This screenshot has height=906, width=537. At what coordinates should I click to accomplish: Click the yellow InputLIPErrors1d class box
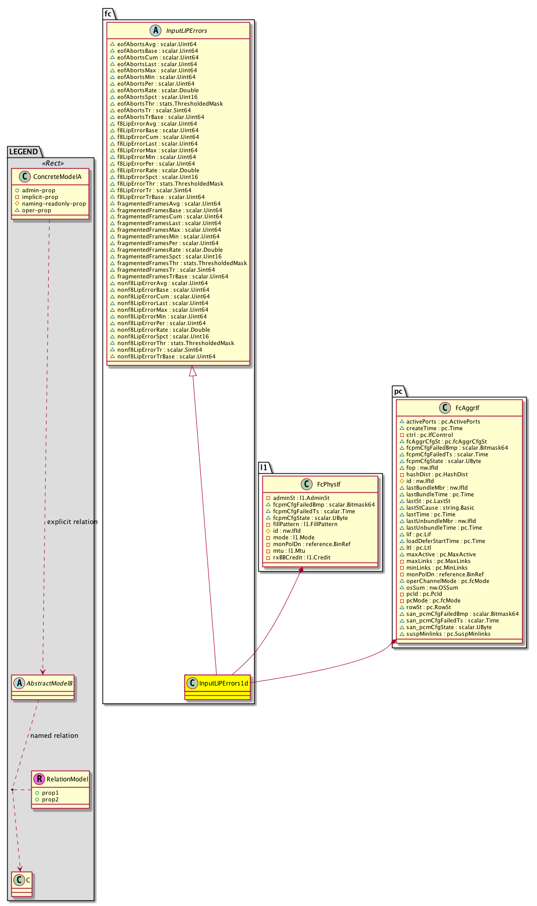tap(218, 687)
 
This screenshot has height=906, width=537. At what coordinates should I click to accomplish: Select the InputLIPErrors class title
tap(187, 31)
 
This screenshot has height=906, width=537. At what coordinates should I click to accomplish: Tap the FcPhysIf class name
tap(328, 485)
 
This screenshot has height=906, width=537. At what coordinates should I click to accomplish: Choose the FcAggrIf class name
tap(467, 408)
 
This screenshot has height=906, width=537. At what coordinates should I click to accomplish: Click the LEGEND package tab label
tap(24, 152)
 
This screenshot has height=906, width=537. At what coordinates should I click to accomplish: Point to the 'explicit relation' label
tap(72, 522)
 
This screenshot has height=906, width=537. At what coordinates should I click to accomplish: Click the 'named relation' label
tap(54, 736)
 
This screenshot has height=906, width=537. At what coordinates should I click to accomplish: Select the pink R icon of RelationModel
tap(39, 779)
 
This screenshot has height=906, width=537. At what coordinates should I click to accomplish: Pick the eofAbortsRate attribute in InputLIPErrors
tap(158, 91)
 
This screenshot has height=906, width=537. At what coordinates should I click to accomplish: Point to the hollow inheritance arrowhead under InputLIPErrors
tap(193, 371)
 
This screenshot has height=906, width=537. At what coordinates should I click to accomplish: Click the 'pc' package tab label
tap(398, 392)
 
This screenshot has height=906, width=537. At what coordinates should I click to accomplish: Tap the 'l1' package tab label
tap(264, 467)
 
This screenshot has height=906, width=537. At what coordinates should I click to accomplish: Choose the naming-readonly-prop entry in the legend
tap(54, 204)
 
